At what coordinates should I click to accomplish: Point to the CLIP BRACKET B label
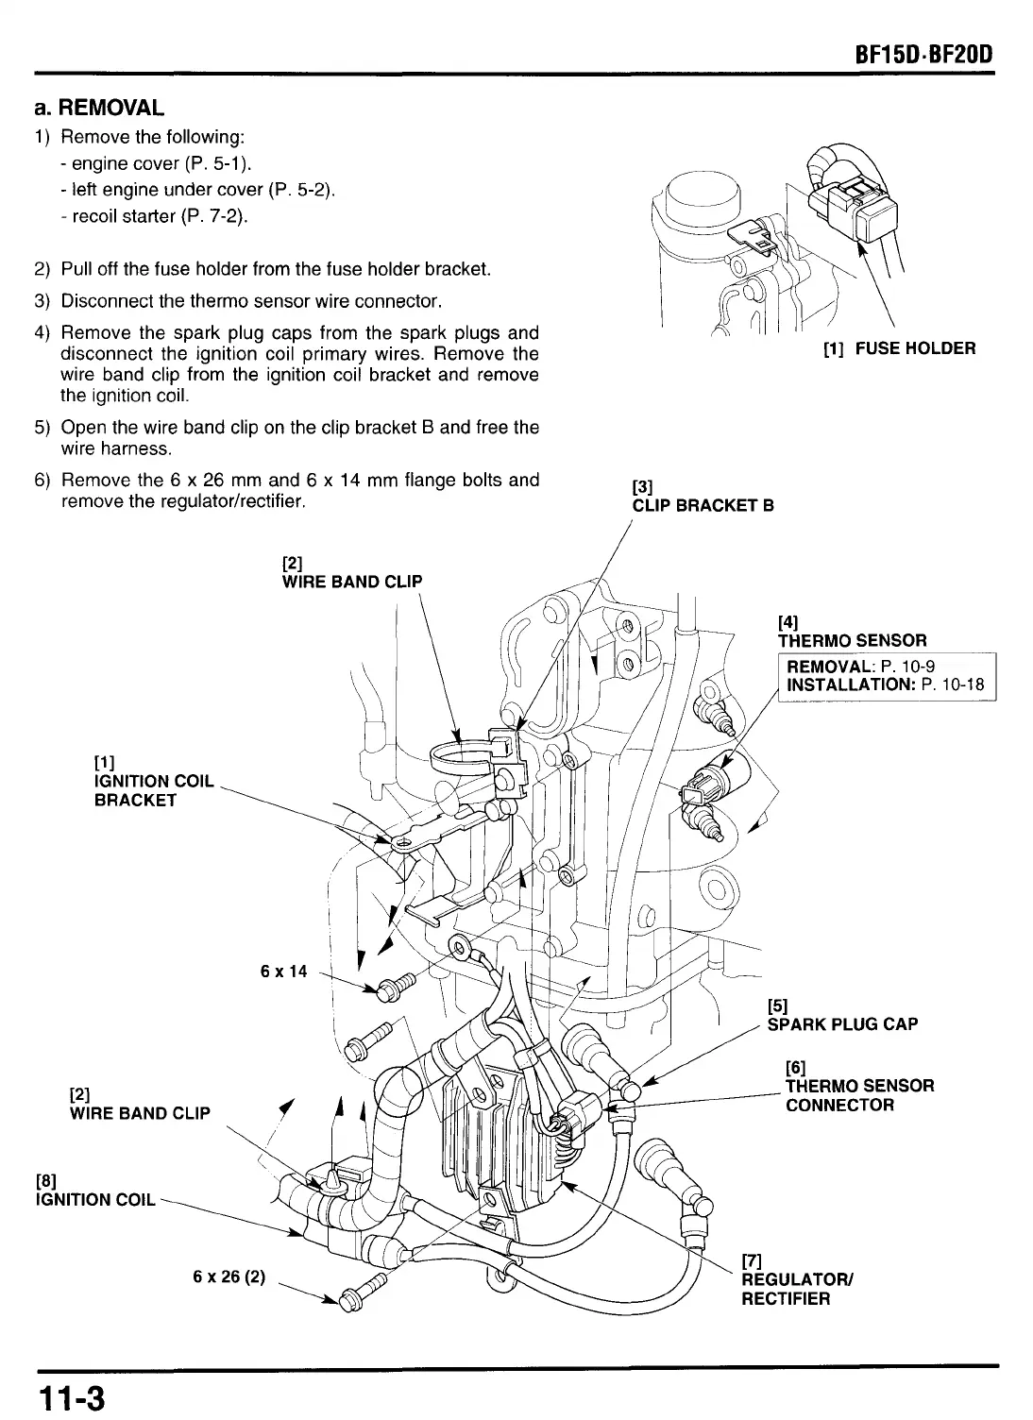click(x=703, y=505)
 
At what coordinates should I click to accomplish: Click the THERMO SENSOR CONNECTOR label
click(x=859, y=1095)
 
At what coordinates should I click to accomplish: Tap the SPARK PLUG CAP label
click(x=842, y=1024)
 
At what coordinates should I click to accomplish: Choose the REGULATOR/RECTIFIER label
click(x=798, y=1289)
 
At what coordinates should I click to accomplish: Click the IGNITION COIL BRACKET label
click(x=155, y=790)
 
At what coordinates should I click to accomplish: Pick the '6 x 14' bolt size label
click(x=283, y=971)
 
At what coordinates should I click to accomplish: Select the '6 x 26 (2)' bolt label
click(x=229, y=1277)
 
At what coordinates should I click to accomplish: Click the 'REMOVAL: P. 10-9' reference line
click(x=860, y=668)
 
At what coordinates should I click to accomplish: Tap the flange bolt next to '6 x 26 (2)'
click(x=362, y=1291)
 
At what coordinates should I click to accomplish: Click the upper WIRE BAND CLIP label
click(x=352, y=582)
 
